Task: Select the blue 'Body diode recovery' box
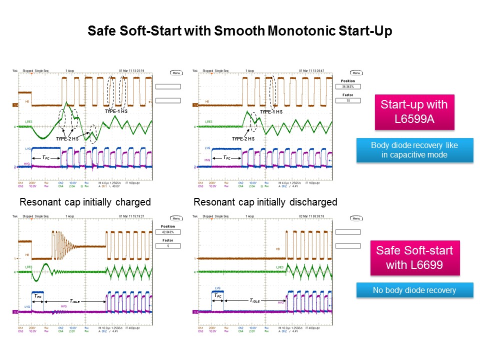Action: tap(414, 150)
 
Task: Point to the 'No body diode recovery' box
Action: tap(414, 290)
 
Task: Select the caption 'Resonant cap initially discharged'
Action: tap(265, 202)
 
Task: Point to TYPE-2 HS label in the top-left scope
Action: tap(67, 138)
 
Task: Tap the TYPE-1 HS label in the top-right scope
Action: tap(271, 112)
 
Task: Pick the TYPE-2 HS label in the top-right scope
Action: tap(244, 138)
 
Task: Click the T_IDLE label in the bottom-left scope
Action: tap(75, 301)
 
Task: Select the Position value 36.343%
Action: tap(348, 86)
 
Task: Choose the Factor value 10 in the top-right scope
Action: tap(348, 100)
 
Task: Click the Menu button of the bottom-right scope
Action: tap(356, 218)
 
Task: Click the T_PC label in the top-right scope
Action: tap(226, 157)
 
